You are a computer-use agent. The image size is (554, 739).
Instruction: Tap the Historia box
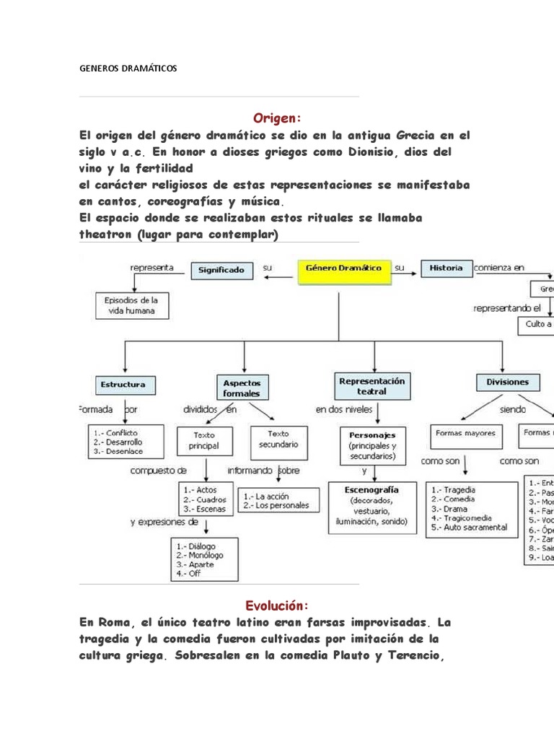click(446, 268)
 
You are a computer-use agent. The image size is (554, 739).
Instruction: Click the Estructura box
click(123, 384)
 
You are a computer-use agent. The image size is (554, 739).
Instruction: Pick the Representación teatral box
click(371, 385)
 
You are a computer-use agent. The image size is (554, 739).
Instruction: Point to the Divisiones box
click(507, 382)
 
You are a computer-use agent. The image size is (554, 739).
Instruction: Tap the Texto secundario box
click(278, 439)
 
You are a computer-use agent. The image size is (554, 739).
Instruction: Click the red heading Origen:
click(276, 118)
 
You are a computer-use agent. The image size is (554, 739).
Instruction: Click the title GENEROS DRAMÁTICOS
click(127, 69)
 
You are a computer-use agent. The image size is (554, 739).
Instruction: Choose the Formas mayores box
click(465, 434)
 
